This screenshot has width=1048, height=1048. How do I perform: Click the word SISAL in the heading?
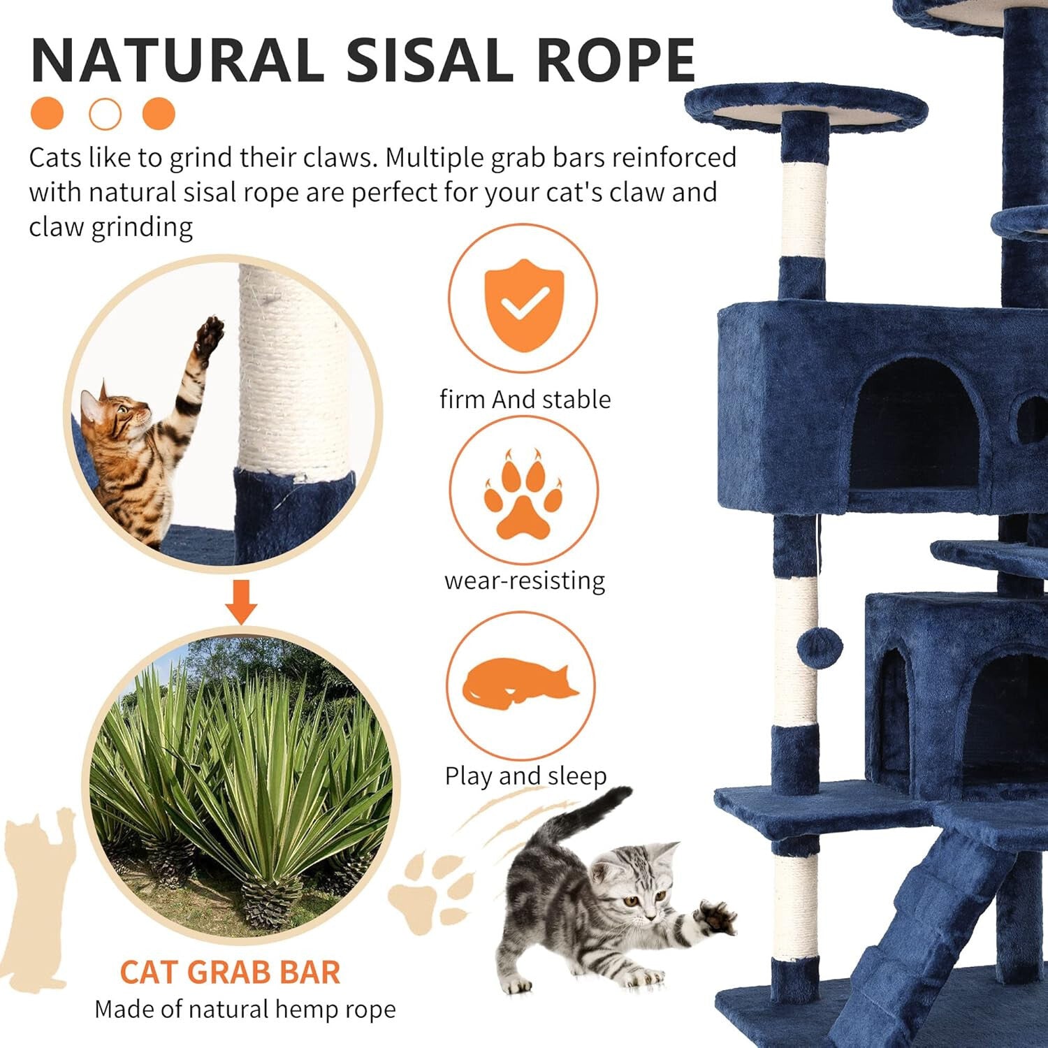click(x=432, y=60)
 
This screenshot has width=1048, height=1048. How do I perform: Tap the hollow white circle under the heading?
click(x=105, y=114)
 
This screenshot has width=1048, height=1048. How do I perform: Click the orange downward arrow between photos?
click(x=242, y=602)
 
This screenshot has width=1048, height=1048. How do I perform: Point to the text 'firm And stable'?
click(x=525, y=400)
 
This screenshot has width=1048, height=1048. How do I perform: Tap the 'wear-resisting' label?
click(x=525, y=581)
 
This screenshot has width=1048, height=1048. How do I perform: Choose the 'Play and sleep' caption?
click(x=525, y=776)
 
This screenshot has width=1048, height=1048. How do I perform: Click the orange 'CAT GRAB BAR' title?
click(x=230, y=972)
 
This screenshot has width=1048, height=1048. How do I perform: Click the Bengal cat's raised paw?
click(x=209, y=335)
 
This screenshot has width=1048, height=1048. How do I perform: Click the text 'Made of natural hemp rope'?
click(x=245, y=1010)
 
